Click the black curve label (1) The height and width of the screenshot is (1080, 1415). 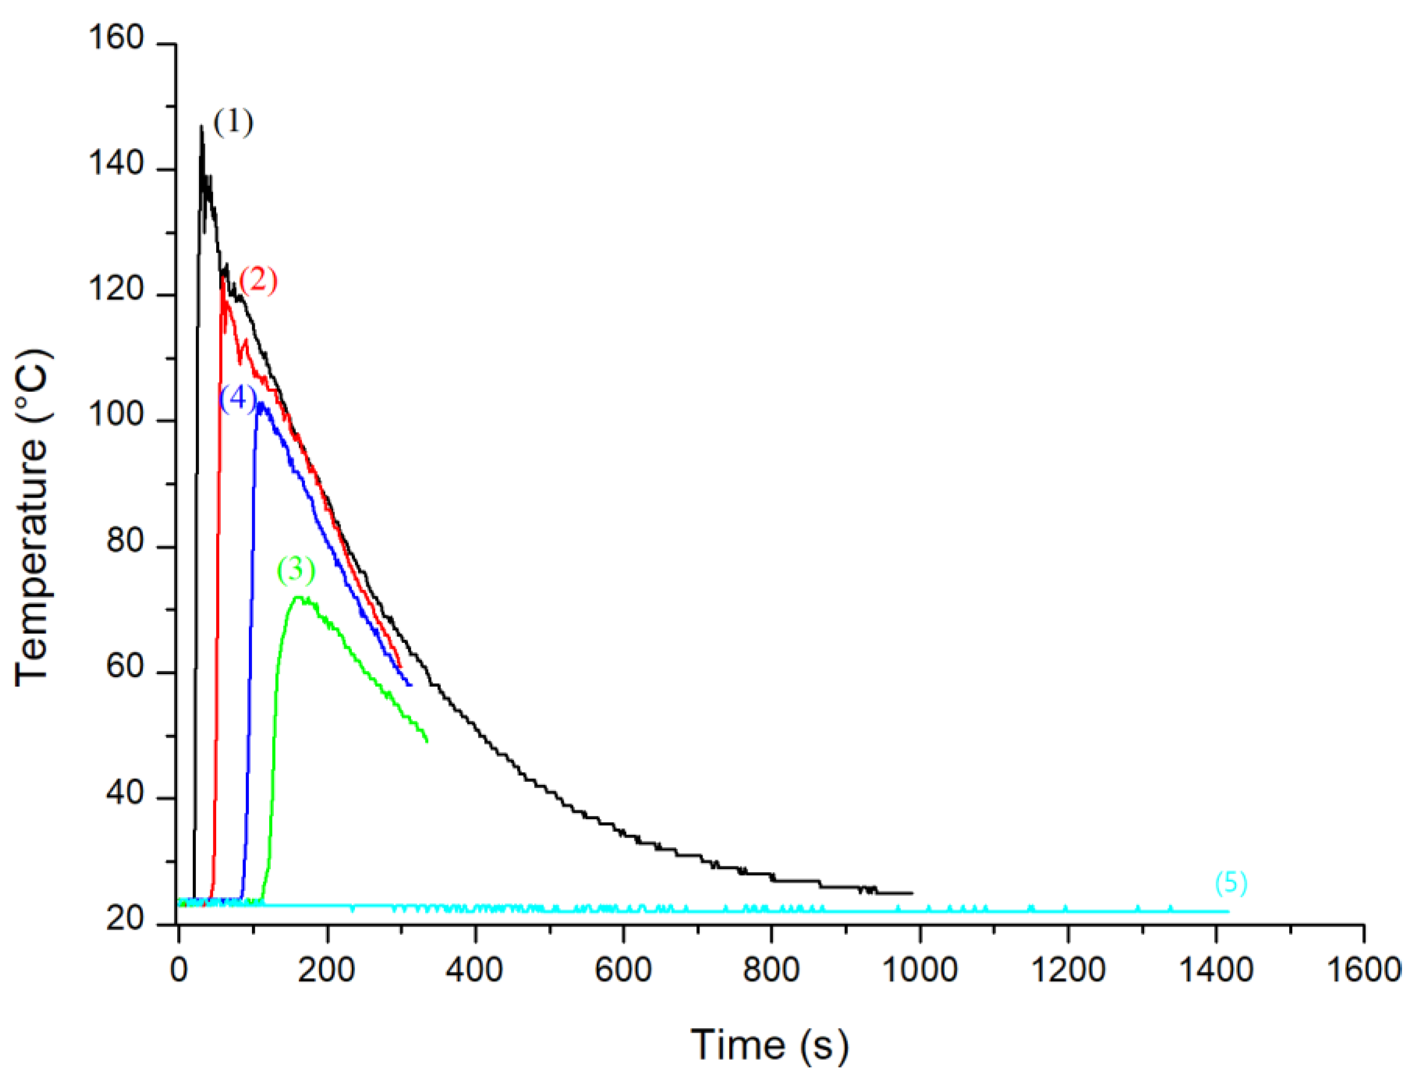click(233, 122)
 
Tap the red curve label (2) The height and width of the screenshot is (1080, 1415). click(258, 280)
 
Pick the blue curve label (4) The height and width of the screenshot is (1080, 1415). click(238, 398)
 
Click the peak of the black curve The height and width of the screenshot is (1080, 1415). click(201, 127)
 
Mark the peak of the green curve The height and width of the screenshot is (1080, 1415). click(297, 597)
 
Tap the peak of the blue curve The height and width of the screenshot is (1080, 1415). click(261, 404)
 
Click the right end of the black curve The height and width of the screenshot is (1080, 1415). click(911, 893)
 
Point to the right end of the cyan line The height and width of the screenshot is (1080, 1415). click(1228, 911)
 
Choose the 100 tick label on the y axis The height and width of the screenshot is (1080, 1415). click(116, 415)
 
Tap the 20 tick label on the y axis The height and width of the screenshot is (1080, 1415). click(125, 919)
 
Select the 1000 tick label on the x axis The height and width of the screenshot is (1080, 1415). click(920, 969)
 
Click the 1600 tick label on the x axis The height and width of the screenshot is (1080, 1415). click(1364, 969)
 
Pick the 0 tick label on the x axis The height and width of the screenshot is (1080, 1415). click(179, 969)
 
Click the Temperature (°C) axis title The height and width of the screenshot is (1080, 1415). click(32, 518)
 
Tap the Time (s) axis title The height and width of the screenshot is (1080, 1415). click(769, 1045)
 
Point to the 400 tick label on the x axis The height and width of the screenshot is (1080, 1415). click(475, 969)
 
